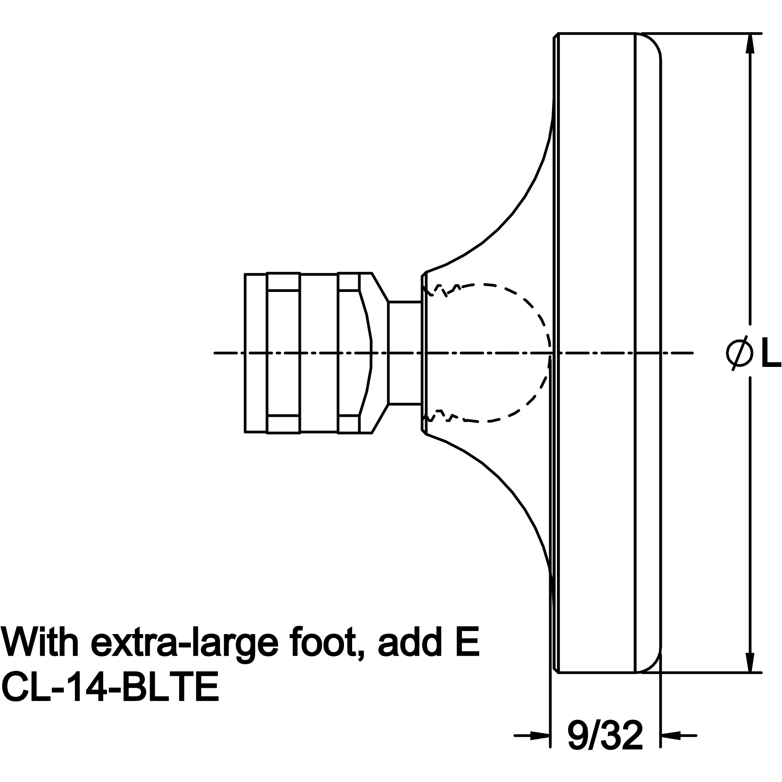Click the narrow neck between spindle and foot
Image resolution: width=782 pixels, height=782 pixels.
(405, 353)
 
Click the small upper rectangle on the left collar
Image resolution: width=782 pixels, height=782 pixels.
(283, 282)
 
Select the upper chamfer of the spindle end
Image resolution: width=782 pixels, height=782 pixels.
(380, 287)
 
